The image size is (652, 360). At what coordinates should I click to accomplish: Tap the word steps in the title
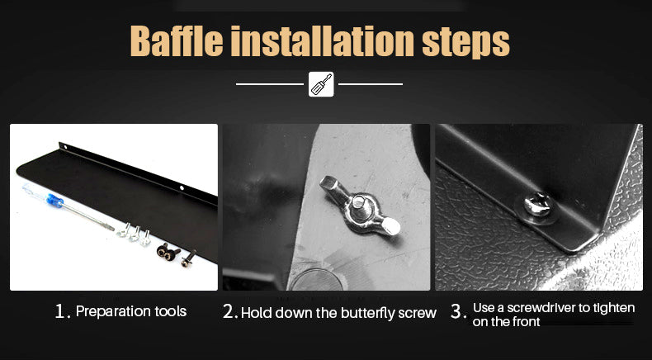pyautogui.click(x=465, y=43)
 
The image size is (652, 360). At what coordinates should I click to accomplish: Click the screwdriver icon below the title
pyautogui.click(x=321, y=84)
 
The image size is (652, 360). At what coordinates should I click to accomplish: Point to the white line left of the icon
pyautogui.click(x=269, y=84)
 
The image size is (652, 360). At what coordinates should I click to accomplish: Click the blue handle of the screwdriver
pyautogui.click(x=54, y=201)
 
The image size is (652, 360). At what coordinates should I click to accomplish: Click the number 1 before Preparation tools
pyautogui.click(x=61, y=311)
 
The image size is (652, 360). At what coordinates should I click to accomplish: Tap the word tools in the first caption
pyautogui.click(x=171, y=311)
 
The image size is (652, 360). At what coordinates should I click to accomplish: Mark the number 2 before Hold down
pyautogui.click(x=229, y=312)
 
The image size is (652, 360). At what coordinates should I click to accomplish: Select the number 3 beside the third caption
pyautogui.click(x=457, y=312)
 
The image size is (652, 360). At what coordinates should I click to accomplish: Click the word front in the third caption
pyautogui.click(x=526, y=321)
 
